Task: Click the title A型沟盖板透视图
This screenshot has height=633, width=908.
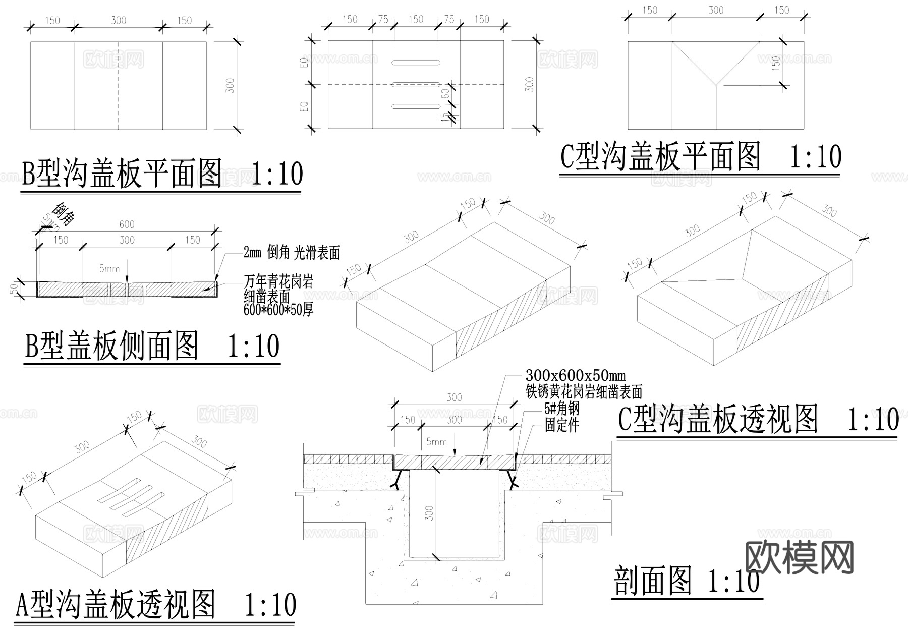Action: coord(116,605)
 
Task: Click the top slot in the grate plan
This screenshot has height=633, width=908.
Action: coord(416,63)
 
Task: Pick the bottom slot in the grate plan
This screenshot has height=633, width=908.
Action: coord(416,106)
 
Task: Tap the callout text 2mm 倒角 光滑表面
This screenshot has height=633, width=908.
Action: coord(292,252)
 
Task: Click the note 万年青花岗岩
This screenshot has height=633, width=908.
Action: coord(278,281)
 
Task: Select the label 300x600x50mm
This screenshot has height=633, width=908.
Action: coord(576,376)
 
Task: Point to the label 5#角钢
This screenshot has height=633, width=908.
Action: coord(561,409)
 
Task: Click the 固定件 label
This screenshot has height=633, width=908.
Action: coord(561,425)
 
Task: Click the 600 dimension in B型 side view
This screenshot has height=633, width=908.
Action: coord(127,224)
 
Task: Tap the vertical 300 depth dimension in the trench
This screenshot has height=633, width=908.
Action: coord(429,513)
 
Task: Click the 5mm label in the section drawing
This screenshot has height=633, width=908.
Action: coord(436,442)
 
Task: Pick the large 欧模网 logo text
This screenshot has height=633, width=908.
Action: coord(799,557)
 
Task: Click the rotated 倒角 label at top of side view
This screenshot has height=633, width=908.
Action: coord(65,214)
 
